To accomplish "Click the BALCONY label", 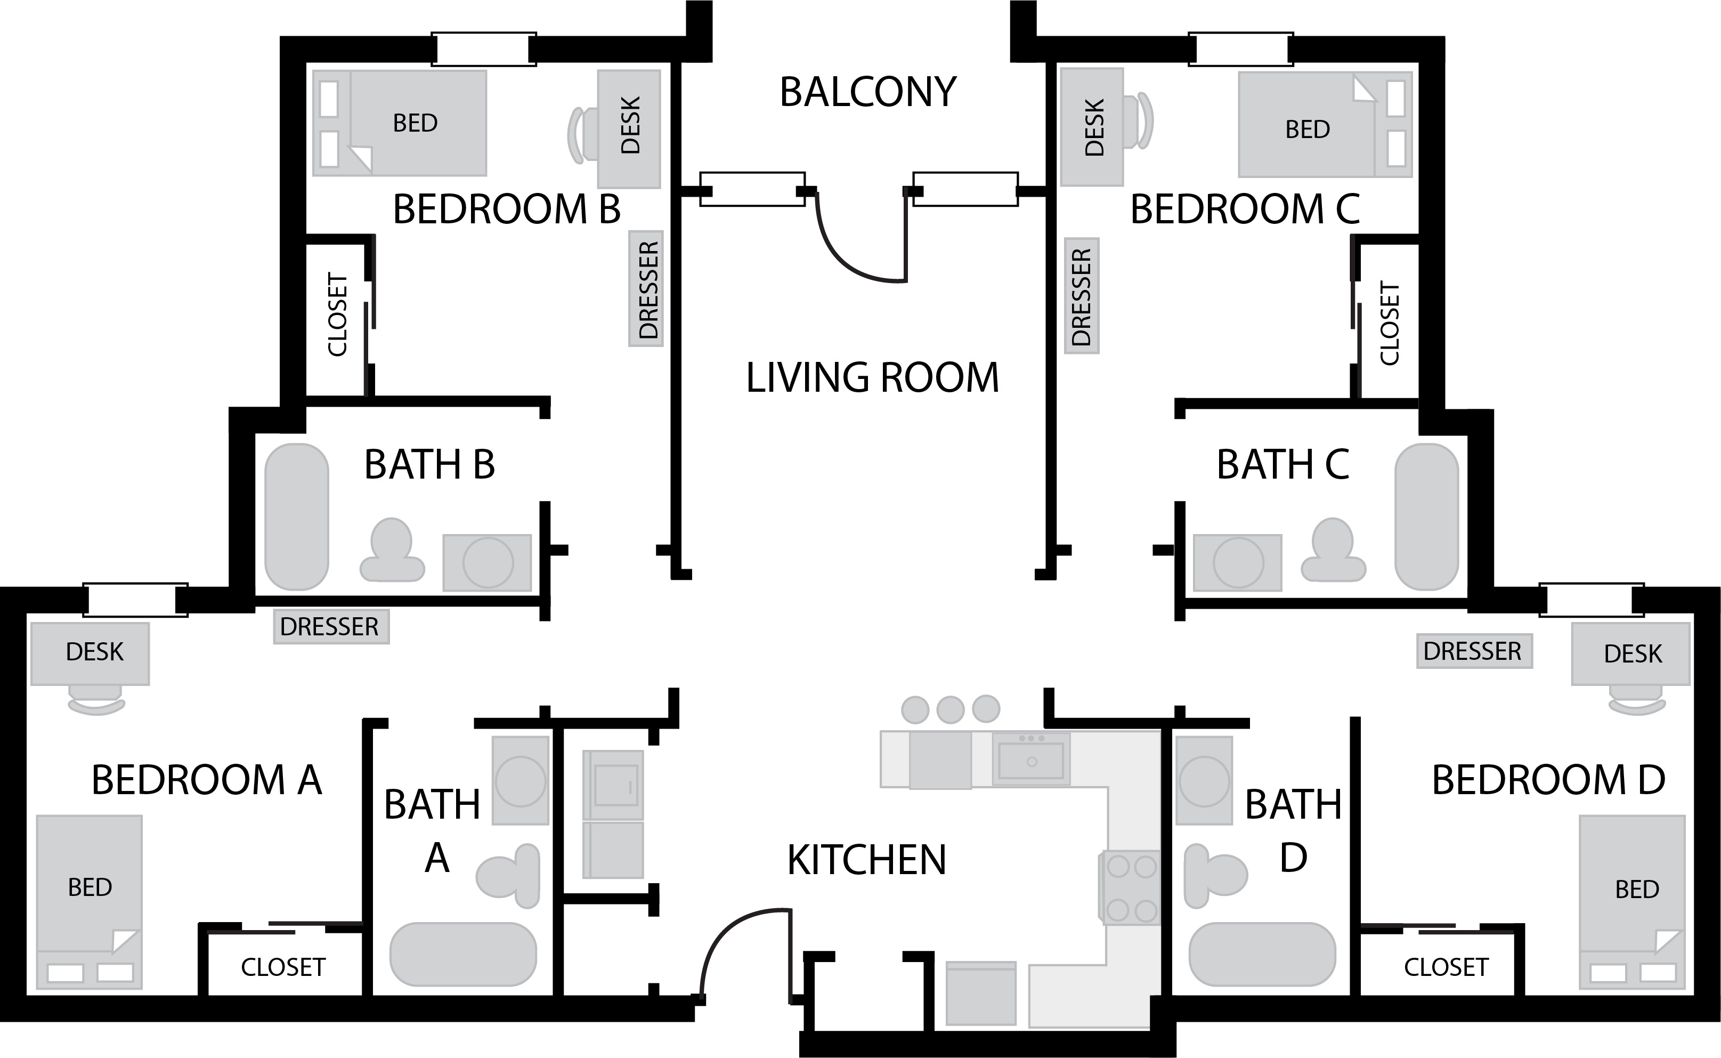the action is click(868, 92).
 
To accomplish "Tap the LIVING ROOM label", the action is click(873, 378).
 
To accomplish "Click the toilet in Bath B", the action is click(392, 550).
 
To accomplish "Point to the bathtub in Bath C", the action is click(1426, 516).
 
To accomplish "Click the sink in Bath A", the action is click(520, 780).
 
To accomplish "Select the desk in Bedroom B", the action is click(629, 129).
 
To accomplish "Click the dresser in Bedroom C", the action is click(1081, 296).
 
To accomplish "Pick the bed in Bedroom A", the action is click(90, 901).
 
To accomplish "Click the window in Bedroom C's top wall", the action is click(1240, 49).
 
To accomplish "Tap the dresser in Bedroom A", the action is click(331, 626).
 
